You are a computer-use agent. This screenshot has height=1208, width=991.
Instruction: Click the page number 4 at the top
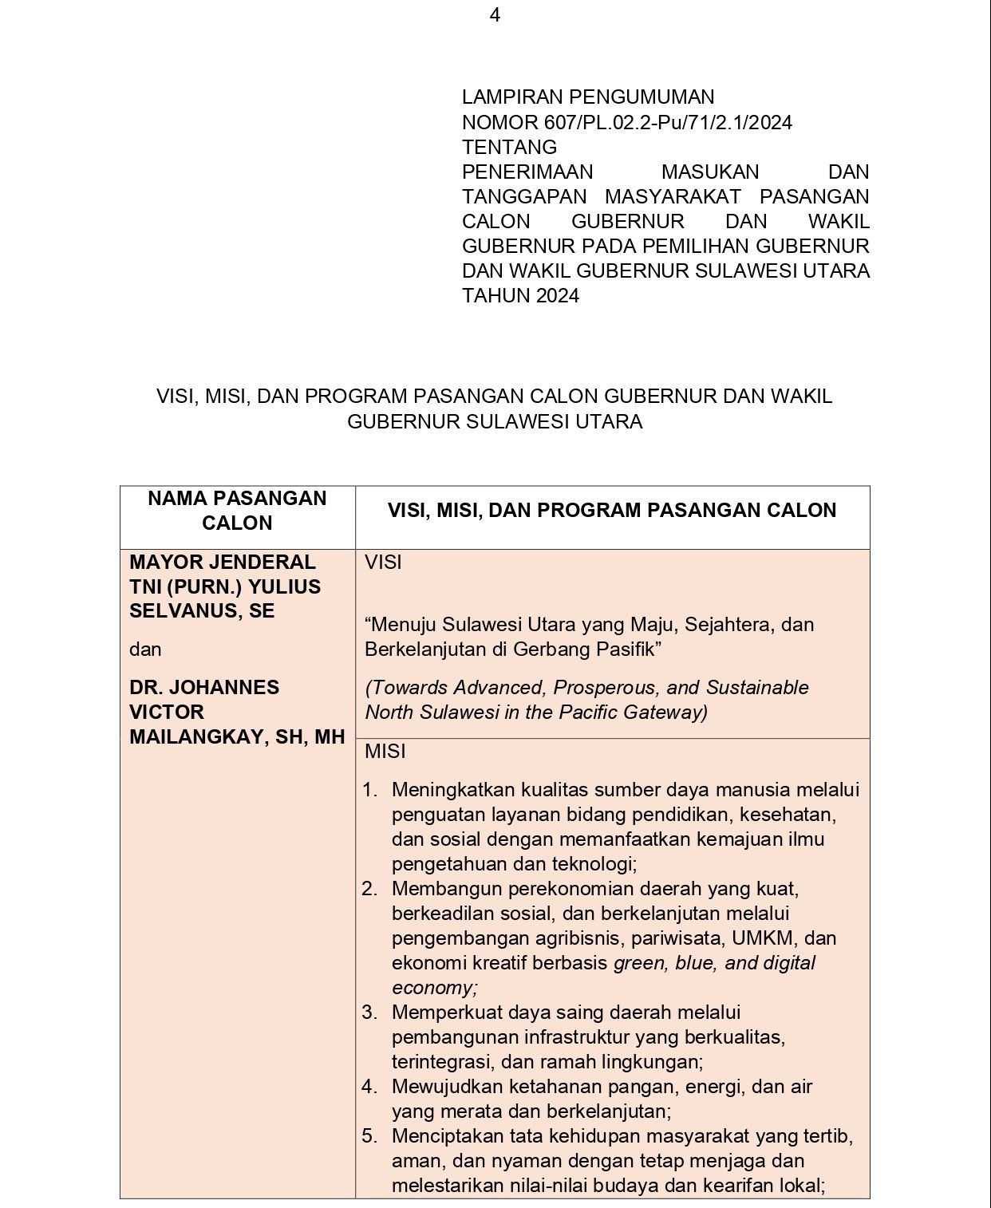click(x=495, y=15)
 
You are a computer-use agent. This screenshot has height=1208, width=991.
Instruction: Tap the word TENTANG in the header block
click(x=509, y=147)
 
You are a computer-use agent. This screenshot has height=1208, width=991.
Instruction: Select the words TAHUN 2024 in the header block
click(x=520, y=295)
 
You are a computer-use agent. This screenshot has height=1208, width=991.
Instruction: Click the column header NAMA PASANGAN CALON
click(x=237, y=511)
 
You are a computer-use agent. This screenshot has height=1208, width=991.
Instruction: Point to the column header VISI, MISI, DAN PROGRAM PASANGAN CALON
click(x=612, y=511)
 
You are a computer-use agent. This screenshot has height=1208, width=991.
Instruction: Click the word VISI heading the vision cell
click(x=383, y=562)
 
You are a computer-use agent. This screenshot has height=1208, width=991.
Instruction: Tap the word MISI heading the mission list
click(x=385, y=751)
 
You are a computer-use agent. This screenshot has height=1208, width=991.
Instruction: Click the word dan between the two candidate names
click(x=145, y=649)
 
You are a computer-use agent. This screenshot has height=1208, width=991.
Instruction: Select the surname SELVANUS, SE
click(x=202, y=611)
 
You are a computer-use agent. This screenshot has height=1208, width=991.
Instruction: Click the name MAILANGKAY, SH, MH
click(x=237, y=736)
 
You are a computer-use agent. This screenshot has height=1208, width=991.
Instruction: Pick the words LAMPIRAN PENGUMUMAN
click(x=588, y=97)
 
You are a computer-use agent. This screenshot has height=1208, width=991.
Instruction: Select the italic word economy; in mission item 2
click(x=434, y=988)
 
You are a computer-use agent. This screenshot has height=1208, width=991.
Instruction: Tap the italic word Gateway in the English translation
click(x=670, y=712)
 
